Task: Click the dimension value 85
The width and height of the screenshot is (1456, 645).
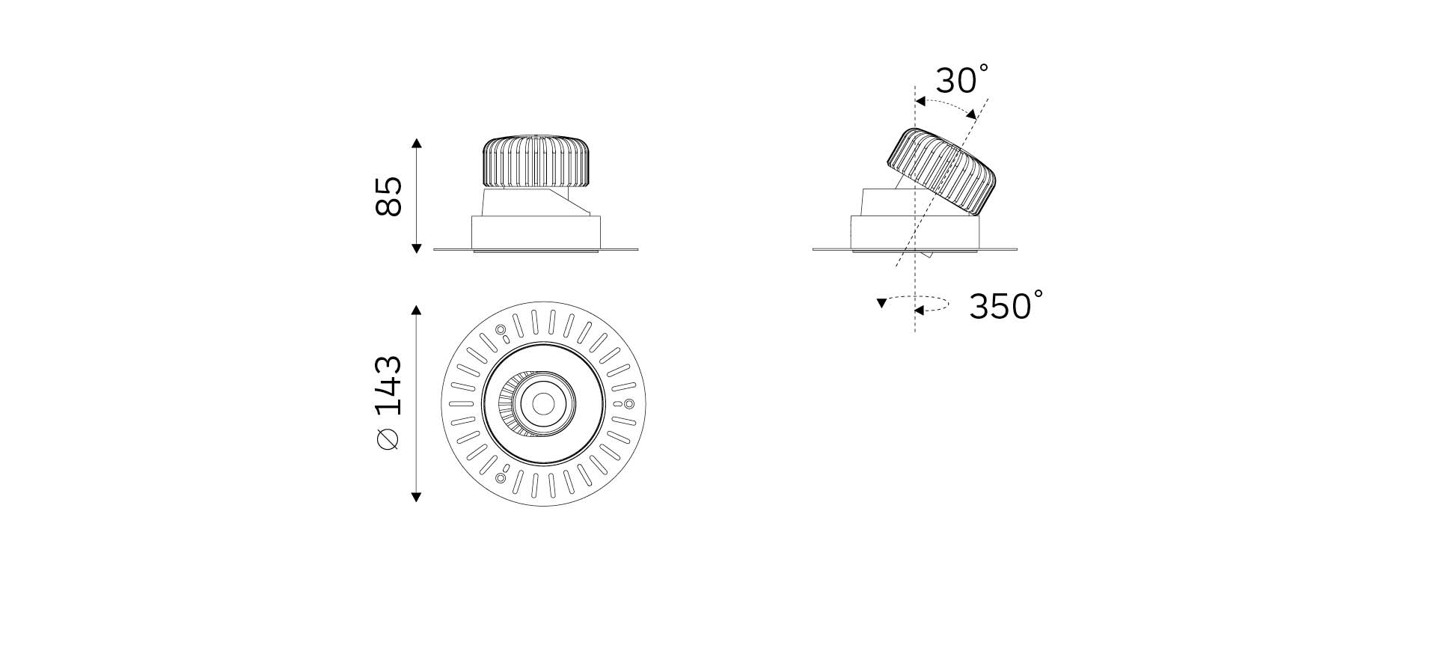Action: (389, 196)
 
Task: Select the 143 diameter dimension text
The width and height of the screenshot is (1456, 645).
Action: (389, 385)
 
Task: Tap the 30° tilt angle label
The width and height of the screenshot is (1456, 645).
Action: (962, 79)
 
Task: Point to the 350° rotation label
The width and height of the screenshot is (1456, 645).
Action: (1006, 305)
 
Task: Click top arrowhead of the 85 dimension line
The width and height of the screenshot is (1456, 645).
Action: (417, 142)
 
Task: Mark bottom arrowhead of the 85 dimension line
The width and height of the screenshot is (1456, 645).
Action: (417, 248)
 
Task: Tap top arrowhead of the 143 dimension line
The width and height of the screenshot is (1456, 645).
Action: (417, 309)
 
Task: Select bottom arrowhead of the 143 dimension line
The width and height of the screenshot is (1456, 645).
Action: (417, 497)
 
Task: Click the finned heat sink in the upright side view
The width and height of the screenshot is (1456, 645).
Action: (536, 162)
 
